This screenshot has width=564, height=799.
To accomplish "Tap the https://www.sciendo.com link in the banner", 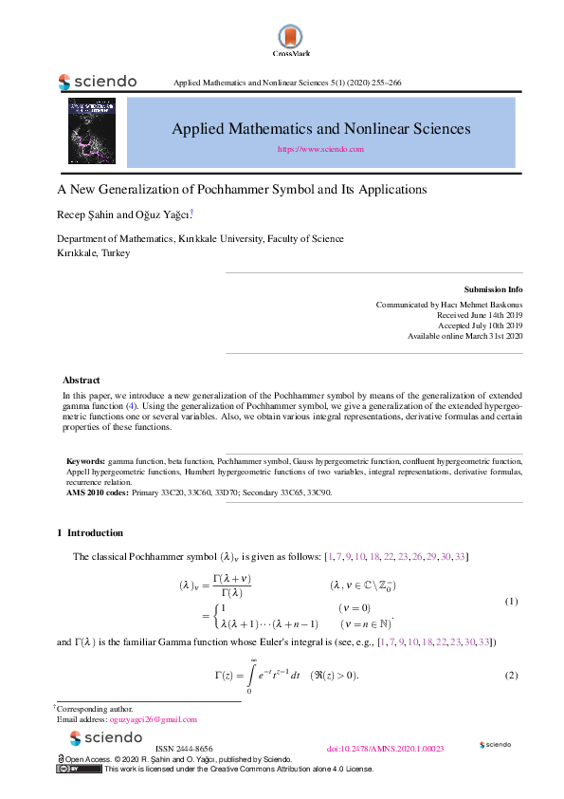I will click(320, 149).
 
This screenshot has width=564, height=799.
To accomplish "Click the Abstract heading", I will click(81, 380).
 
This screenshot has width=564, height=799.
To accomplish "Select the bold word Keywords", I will click(85, 460).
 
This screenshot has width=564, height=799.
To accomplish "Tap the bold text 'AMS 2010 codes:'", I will click(97, 492).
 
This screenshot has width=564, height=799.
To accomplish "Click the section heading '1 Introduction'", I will click(90, 532).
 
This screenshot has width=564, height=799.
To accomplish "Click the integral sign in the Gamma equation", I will click(250, 676).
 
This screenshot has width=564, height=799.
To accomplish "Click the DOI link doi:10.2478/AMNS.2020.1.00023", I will click(385, 749).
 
